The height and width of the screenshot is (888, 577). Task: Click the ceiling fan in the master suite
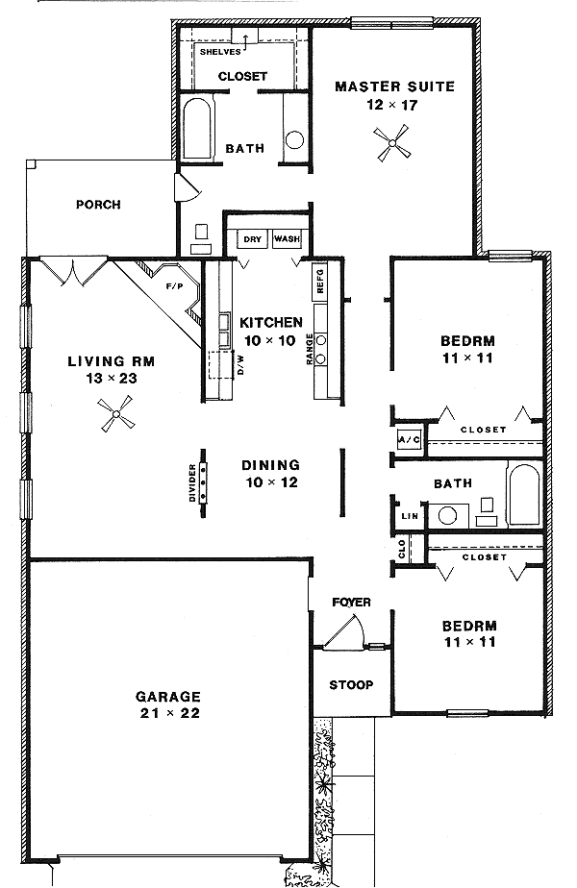click(391, 142)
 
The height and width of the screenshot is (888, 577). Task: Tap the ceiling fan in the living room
click(115, 414)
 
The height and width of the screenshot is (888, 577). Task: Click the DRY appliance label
click(253, 239)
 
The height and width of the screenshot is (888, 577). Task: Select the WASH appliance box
click(287, 239)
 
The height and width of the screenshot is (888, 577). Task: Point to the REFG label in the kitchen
click(320, 281)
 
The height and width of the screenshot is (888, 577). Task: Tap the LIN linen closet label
click(410, 516)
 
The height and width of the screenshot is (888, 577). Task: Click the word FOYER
click(351, 602)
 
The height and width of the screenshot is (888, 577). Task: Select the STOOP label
click(351, 684)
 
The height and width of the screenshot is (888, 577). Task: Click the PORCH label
click(99, 205)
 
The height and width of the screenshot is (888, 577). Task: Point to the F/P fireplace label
click(175, 286)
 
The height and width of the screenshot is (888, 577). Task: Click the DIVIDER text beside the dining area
click(192, 483)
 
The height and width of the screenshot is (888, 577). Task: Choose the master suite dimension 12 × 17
click(392, 105)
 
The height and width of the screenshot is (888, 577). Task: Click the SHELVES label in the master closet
click(220, 52)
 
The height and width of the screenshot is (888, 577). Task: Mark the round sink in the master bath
click(294, 140)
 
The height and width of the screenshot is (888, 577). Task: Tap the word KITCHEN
click(271, 323)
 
